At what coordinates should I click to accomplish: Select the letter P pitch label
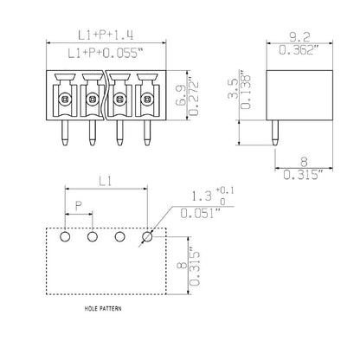point(79,208)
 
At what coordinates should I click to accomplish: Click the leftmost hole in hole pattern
point(64,235)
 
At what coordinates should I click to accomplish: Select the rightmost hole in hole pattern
point(148,235)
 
